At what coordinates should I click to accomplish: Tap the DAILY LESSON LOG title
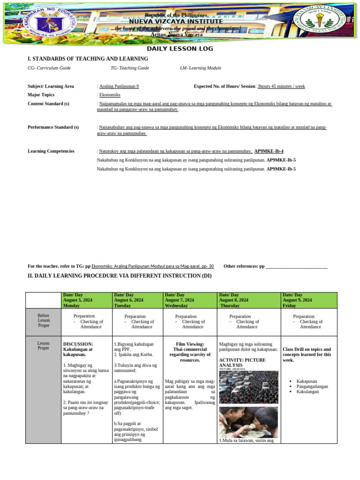coord(180,49)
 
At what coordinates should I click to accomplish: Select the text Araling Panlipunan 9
coord(119,86)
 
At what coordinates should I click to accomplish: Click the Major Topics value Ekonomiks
coord(110,95)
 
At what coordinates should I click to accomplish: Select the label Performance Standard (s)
coord(53,127)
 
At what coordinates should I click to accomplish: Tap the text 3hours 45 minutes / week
coord(281,86)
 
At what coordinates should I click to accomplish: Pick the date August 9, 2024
coord(297,300)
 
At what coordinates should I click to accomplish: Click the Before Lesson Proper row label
coord(44,322)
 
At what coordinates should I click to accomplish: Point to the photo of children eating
coord(248,421)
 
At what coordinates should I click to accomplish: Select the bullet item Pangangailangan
coord(312,386)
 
